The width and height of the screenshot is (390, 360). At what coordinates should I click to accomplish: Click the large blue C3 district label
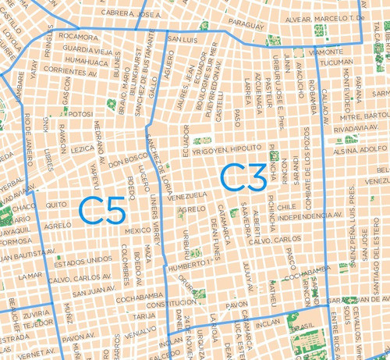tap(243, 177)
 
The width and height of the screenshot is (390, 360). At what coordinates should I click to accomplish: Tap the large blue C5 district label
tap(103, 211)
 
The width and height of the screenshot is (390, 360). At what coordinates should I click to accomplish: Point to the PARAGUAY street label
tap(247, 25)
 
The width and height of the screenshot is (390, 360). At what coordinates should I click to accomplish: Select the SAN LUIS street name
tap(183, 38)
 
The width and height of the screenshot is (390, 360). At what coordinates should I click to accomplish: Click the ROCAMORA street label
tap(79, 36)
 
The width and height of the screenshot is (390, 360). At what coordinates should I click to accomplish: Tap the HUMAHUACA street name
tap(87, 59)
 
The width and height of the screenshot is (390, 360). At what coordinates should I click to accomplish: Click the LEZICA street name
tap(82, 148)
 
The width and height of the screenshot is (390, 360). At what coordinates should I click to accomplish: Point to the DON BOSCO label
tap(123, 165)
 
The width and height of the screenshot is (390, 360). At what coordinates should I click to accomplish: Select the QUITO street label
tap(56, 205)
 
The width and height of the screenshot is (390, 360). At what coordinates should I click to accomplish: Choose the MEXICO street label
tap(138, 230)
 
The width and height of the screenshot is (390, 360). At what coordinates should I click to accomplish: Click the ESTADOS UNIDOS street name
tap(88, 259)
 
